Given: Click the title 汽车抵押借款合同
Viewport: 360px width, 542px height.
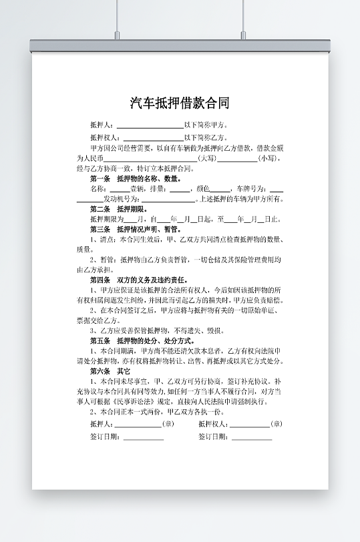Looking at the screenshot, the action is coord(180,103).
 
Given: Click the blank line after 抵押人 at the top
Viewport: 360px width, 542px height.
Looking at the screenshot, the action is coord(150,125).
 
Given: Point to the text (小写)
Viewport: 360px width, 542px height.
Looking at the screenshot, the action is coord(268,158).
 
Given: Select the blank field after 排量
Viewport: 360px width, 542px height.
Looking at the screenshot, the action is coord(180,189).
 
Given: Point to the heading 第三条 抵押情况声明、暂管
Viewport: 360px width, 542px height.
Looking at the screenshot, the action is coord(136,229).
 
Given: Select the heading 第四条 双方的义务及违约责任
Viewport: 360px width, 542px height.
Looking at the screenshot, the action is coord(139,280).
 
